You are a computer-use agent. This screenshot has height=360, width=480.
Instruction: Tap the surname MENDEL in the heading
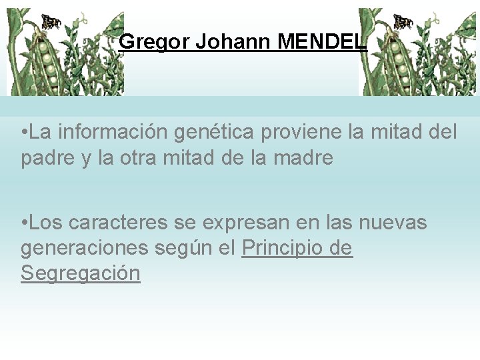[x=322, y=43]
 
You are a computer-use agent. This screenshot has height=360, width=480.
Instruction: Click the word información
[x=113, y=132]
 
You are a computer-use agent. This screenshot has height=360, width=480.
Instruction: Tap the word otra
[x=132, y=159]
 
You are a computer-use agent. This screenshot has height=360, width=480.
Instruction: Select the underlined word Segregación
[x=81, y=273]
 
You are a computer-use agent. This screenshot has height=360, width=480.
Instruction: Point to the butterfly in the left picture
[x=51, y=21]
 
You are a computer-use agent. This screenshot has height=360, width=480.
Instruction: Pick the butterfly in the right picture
[x=403, y=21]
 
